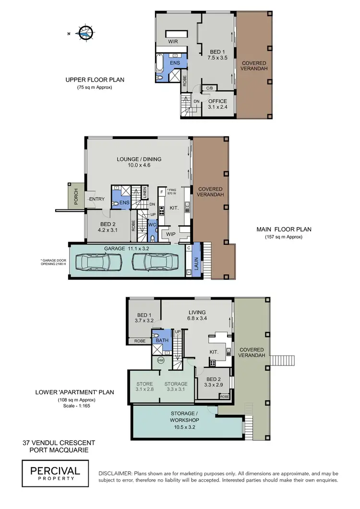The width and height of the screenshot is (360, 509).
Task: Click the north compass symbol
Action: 85,32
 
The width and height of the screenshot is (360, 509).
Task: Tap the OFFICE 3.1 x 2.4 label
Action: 217,104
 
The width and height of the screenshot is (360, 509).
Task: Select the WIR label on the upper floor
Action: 173,42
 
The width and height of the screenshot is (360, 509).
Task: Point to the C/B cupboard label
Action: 210,88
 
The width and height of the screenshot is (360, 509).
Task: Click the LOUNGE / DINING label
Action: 139,162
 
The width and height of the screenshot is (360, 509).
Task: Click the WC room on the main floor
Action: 151,225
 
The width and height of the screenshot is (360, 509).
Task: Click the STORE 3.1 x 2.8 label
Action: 144,387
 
